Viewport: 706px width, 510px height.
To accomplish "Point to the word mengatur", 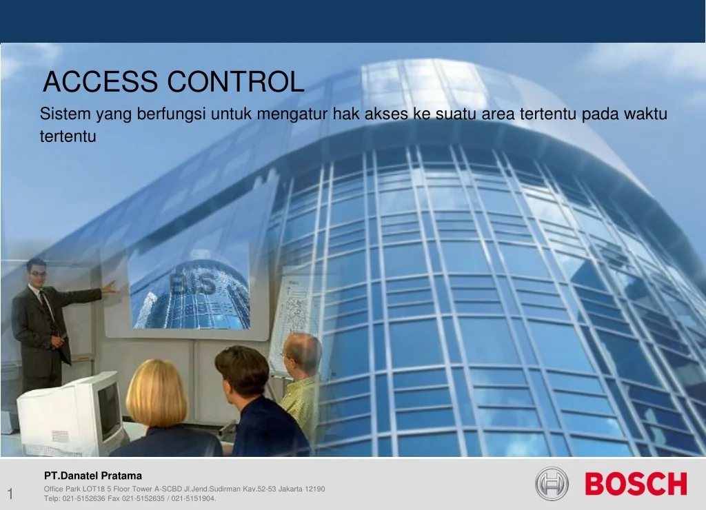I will [294, 114].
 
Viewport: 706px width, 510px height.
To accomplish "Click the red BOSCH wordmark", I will [636, 484].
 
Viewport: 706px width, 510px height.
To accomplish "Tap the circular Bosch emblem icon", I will [552, 484].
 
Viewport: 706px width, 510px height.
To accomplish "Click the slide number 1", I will [10, 493].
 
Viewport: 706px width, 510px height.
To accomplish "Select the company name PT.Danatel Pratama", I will [93, 476].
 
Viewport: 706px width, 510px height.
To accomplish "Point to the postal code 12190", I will [314, 489].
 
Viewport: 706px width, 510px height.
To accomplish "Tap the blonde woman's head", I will [157, 393].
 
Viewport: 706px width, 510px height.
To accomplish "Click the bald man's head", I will [303, 353].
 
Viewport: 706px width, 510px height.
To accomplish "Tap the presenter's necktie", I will [48, 314].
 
